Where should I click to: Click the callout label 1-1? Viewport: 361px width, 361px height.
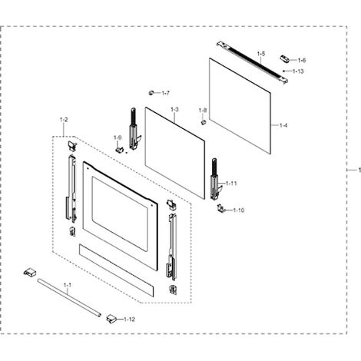pos(68,285)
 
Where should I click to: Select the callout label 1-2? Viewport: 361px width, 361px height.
pos(64,120)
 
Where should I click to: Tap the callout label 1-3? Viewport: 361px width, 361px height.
pos(174,109)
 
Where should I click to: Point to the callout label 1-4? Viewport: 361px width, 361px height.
pos(283,125)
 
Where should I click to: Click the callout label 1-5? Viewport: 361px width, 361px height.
pos(261,54)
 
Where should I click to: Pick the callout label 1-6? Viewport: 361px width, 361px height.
pos(302,61)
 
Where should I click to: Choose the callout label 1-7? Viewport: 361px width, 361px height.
pos(166,93)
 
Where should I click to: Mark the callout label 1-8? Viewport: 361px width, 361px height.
pos(203,111)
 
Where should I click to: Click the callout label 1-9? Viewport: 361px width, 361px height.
pos(118,137)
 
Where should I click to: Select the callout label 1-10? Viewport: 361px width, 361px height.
pos(239,210)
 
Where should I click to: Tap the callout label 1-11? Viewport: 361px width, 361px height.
pos(231,184)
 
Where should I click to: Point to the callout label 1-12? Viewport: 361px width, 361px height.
pos(129,320)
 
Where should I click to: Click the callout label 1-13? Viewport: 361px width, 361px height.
pos(298,71)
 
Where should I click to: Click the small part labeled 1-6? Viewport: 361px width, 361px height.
pos(284,58)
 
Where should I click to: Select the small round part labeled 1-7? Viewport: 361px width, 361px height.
pos(151,93)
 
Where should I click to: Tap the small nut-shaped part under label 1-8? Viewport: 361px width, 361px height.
pos(204,122)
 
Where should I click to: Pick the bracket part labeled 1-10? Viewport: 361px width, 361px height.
pos(220,208)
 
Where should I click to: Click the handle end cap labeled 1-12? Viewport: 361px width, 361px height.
pos(111,319)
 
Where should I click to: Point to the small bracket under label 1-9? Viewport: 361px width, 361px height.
pos(119,149)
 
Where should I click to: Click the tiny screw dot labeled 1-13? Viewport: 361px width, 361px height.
pos(283,71)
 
